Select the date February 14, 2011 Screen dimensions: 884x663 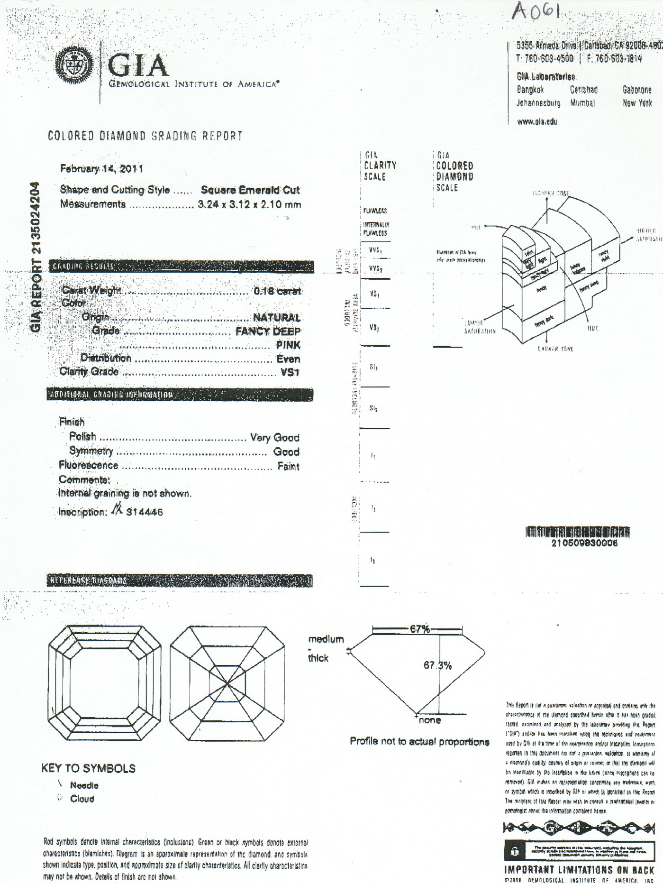[101, 169]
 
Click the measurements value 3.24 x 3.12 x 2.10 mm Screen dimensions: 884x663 [249, 205]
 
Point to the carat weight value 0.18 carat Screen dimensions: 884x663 [277, 291]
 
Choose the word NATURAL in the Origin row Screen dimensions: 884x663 [277, 317]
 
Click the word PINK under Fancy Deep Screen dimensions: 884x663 [288, 345]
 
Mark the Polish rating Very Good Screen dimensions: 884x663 [275, 437]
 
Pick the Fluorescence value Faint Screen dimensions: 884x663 [288, 467]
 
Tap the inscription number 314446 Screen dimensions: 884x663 [144, 512]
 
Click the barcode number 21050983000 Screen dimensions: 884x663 [584, 543]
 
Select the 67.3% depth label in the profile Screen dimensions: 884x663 [437, 665]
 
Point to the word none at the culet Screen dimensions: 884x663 [430, 720]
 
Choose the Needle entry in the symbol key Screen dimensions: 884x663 [84, 785]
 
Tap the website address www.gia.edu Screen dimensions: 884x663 [537, 122]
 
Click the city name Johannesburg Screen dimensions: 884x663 [538, 103]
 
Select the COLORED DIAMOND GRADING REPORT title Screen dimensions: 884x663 [145, 136]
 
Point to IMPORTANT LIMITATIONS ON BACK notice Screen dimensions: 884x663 [579, 870]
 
